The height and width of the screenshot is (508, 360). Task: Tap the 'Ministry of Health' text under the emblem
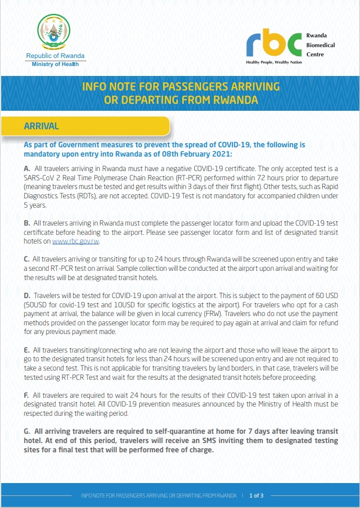click(x=55, y=63)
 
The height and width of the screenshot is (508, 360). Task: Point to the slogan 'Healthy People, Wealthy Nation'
click(x=274, y=61)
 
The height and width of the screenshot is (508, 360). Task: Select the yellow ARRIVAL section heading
click(x=42, y=125)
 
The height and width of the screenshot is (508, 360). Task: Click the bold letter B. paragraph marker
click(x=27, y=223)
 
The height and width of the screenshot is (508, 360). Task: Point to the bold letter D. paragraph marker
click(x=27, y=295)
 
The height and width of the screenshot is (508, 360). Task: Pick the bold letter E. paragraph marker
click(x=27, y=351)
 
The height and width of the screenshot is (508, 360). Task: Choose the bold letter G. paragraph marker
click(x=27, y=431)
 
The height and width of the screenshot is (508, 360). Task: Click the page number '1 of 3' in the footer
click(x=256, y=496)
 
